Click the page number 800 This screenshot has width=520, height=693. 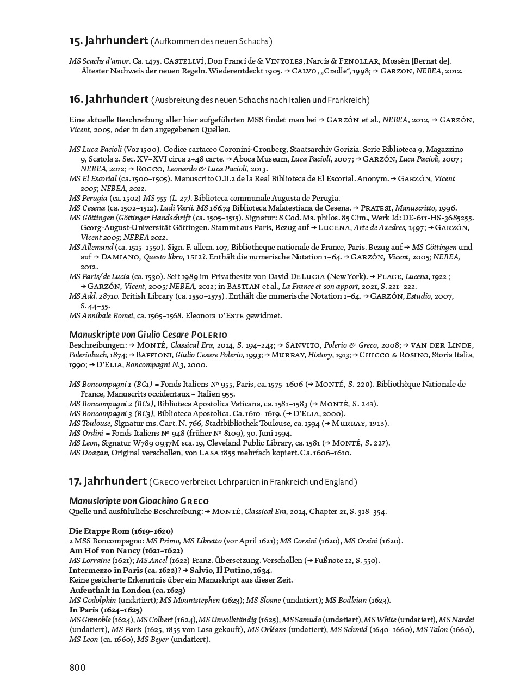[77, 667]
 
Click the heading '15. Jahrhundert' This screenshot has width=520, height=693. [109, 40]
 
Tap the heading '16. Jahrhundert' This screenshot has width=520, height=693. [109, 99]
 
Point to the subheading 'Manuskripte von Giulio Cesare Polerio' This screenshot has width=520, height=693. [148, 334]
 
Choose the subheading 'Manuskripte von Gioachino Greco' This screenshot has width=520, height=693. [139, 500]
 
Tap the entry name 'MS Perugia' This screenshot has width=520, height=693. [88, 198]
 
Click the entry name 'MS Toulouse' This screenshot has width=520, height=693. [90, 423]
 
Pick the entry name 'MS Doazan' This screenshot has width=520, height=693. [89, 453]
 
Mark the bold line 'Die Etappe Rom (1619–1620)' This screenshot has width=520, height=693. [121, 530]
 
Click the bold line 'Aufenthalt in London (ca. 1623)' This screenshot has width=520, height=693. [127, 590]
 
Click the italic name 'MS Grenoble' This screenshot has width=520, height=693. [90, 620]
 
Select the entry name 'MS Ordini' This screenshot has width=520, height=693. [86, 433]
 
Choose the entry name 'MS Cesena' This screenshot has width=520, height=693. [87, 208]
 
